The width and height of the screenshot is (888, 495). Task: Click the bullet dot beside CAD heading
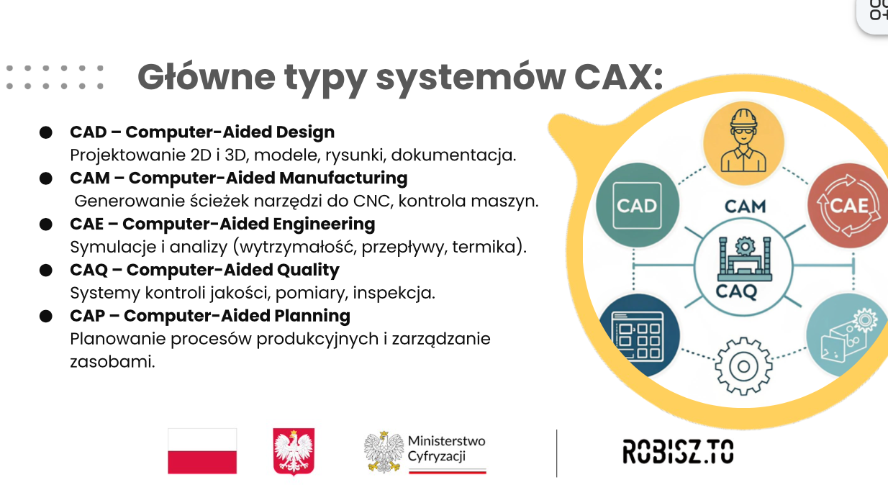tap(46, 132)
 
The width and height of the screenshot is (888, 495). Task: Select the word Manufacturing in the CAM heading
tap(343, 178)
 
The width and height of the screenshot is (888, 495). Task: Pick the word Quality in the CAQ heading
tap(308, 271)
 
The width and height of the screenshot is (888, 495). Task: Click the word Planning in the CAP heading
tap(312, 317)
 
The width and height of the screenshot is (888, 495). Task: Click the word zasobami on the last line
tap(112, 362)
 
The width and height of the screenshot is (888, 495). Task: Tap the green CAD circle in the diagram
tap(637, 205)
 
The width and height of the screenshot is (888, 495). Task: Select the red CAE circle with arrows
tap(848, 206)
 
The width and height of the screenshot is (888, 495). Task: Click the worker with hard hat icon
tap(743, 142)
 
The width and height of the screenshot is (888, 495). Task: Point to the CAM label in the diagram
tap(746, 206)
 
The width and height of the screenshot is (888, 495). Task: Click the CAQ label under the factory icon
tap(736, 292)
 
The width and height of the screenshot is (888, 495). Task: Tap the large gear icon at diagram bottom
tap(743, 366)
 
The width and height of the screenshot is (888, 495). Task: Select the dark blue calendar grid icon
tap(638, 335)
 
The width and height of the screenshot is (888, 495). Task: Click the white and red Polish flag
tap(202, 451)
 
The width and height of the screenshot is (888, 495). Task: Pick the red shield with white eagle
tap(294, 451)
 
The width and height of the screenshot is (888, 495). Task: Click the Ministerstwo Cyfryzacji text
tap(447, 449)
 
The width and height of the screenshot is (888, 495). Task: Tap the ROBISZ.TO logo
tap(678, 451)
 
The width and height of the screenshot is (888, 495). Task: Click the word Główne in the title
tap(206, 77)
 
